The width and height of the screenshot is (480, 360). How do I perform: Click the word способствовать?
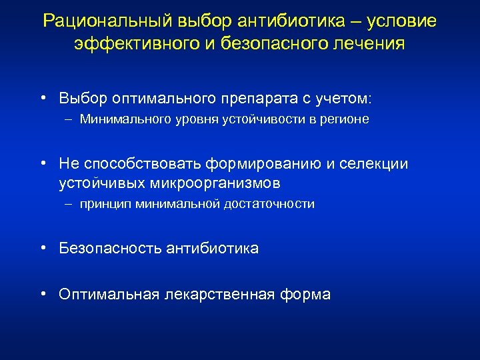tap(145, 164)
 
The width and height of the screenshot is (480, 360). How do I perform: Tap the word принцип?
tap(105, 204)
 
